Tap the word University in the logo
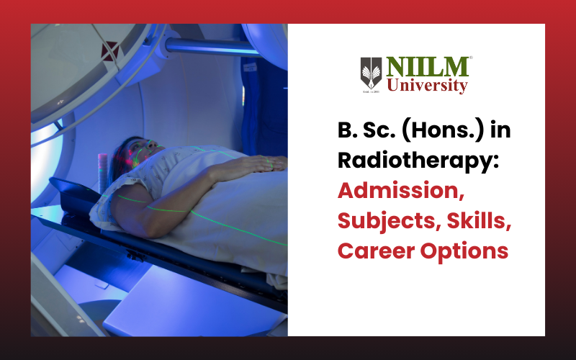click(427, 86)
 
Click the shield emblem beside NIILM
click(371, 73)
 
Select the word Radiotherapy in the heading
click(418, 161)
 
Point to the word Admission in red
click(401, 190)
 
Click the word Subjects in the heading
click(389, 221)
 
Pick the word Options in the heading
click(464, 252)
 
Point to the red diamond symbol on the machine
click(110, 50)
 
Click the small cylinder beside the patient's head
click(102, 174)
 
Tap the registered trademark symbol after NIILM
click(471, 58)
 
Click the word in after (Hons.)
click(500, 130)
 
